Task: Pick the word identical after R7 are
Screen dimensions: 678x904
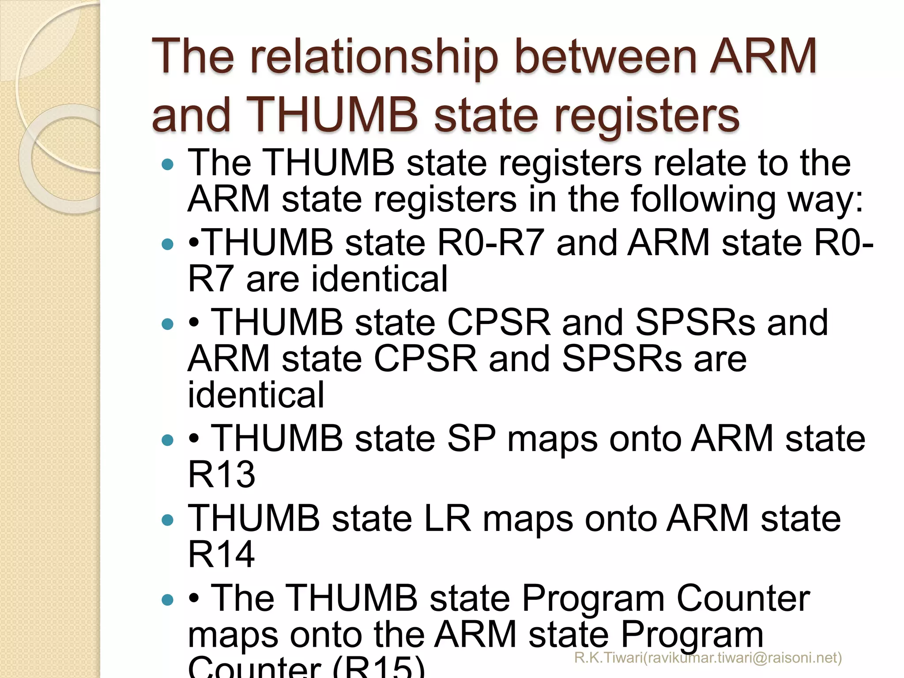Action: click(x=347, y=279)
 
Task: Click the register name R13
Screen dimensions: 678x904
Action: click(x=222, y=475)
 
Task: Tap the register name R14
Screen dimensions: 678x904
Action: click(x=222, y=554)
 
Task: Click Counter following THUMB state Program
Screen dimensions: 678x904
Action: click(x=743, y=599)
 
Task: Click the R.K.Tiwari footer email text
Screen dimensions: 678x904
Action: click(x=708, y=658)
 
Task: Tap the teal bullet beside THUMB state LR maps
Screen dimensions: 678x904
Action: click(x=168, y=520)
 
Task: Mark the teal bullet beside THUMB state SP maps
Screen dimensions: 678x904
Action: click(x=168, y=440)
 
